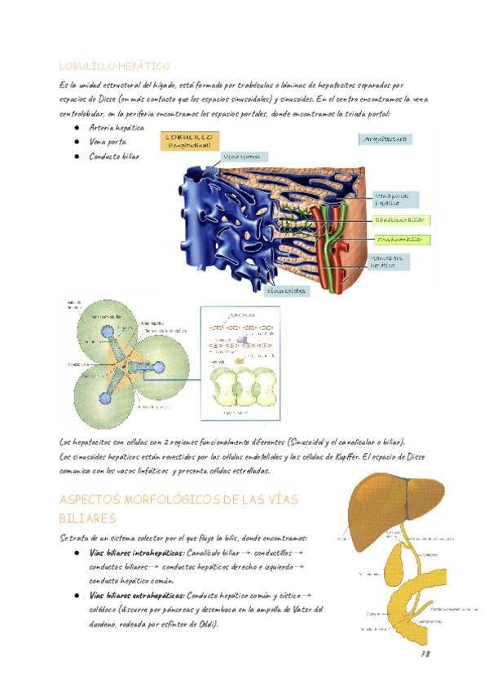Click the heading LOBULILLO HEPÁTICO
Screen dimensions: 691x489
coord(115,66)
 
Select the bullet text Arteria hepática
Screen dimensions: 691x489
coord(117,128)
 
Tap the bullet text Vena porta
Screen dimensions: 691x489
coord(107,142)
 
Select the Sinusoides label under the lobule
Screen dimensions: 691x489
coord(286,290)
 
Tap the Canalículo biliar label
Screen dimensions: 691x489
coord(399,220)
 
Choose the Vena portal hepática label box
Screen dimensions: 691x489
coord(396,199)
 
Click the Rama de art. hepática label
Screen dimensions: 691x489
coord(388,261)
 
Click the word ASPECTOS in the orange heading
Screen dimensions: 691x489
coord(96,500)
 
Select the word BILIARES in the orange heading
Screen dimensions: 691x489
coord(88,518)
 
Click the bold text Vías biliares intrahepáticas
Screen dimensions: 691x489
coord(137,552)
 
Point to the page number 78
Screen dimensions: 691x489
coord(425,654)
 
